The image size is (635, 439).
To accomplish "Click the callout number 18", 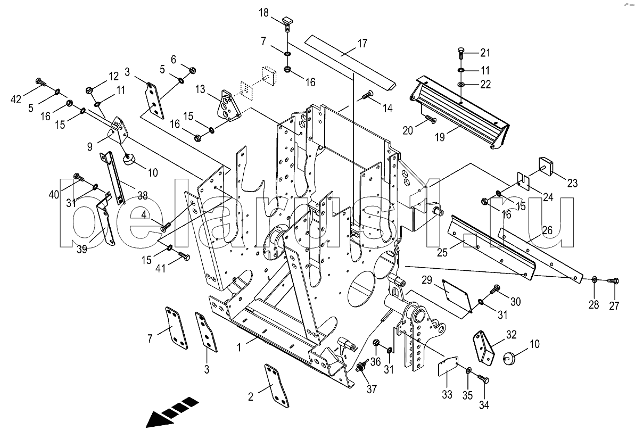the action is pyautogui.click(x=263, y=13).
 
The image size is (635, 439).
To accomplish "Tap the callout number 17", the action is pyautogui.click(x=362, y=43).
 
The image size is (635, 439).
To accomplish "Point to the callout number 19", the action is pyautogui.click(x=440, y=137).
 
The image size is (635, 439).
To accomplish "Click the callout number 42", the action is pyautogui.click(x=16, y=99).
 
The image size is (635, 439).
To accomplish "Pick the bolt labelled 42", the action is pyautogui.click(x=42, y=82).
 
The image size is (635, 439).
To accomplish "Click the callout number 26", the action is pyautogui.click(x=547, y=231).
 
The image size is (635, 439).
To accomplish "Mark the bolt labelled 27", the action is pyautogui.click(x=613, y=280).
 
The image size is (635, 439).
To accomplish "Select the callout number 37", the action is pyautogui.click(x=372, y=389).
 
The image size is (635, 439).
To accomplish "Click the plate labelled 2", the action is pyautogui.click(x=277, y=386).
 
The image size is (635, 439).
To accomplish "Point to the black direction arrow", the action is pyautogui.click(x=172, y=412).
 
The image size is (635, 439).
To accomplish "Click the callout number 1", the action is pyautogui.click(x=240, y=347).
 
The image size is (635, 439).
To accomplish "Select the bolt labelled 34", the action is pyautogui.click(x=483, y=379).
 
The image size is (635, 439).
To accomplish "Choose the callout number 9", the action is pyautogui.click(x=90, y=147).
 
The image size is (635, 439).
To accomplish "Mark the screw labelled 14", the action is pyautogui.click(x=367, y=95).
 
